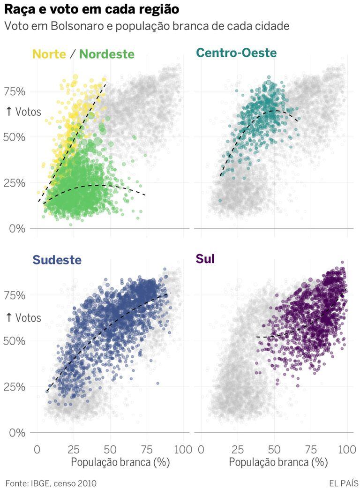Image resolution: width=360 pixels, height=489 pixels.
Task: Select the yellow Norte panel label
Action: coord(49,54)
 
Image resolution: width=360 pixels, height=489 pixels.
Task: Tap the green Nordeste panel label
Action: coord(107,54)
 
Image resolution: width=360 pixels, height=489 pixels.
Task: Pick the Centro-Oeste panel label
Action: coord(236,53)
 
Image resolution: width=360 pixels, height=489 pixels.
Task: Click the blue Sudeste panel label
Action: coord(57,259)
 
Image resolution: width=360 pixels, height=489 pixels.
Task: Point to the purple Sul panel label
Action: coord(205,259)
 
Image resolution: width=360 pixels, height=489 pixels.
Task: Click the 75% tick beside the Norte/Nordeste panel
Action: coord(15,91)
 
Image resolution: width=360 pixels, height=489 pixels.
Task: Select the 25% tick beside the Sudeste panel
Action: coord(15,387)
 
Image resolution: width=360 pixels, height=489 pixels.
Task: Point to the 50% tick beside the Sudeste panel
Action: coord(15,341)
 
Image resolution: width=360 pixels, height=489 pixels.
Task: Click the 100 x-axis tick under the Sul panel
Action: coord(347,449)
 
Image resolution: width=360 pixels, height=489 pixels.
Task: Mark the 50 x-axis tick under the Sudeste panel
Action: coord(110,449)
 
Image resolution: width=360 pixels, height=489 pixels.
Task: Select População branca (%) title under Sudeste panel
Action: coord(120,462)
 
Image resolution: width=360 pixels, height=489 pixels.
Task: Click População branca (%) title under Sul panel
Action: coord(278,462)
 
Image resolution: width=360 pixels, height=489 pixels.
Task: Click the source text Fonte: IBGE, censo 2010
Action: coord(51,482)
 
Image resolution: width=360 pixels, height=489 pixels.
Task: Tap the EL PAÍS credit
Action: coord(344,482)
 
